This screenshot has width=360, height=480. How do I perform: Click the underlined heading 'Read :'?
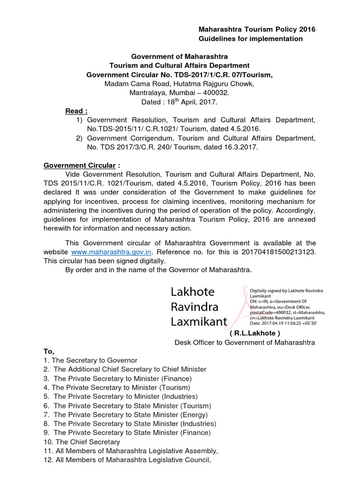[x=76, y=111]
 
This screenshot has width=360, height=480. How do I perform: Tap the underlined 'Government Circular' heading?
[x=79, y=165]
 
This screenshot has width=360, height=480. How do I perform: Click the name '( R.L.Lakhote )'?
[x=255, y=333]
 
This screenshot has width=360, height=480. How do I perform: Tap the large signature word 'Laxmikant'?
[x=198, y=322]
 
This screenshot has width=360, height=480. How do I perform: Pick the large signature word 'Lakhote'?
[x=192, y=292]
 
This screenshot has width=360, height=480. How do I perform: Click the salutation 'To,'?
[x=49, y=351]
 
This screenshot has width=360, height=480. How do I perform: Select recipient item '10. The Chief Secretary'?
[x=82, y=442]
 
